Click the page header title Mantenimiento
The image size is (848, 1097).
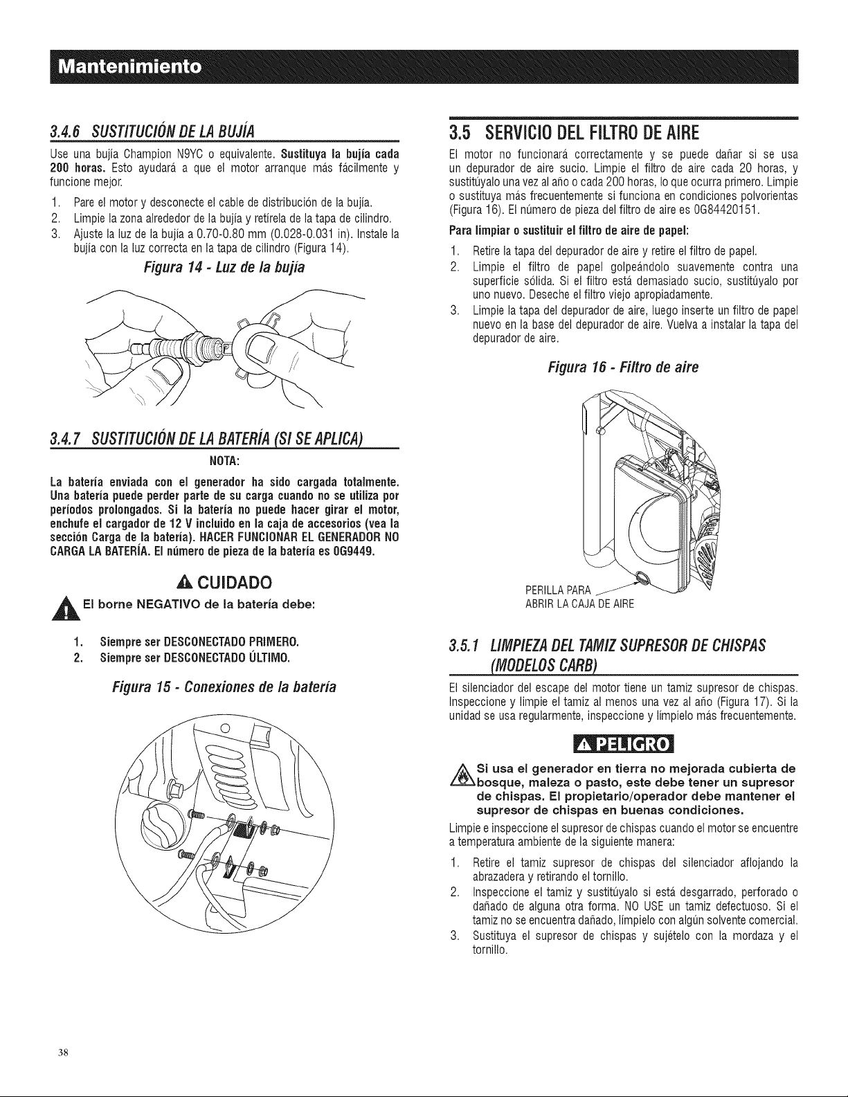[129, 67]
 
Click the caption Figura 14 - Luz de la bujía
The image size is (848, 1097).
[224, 266]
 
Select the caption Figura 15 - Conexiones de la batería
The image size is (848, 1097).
[224, 687]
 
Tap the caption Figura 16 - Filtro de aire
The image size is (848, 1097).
[624, 367]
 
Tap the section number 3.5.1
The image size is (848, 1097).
[465, 645]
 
